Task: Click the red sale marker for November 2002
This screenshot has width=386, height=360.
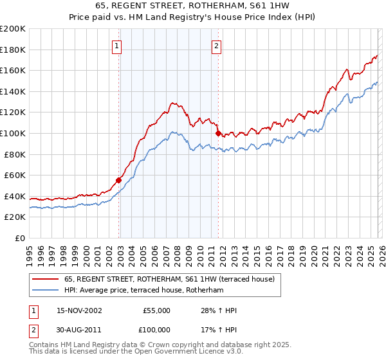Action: (x=119, y=180)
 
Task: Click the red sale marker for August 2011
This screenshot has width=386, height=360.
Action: (x=218, y=133)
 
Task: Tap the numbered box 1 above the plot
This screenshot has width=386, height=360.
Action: (x=116, y=46)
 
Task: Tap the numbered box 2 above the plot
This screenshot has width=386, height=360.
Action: (x=216, y=46)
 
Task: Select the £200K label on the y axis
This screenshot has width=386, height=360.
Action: (x=13, y=29)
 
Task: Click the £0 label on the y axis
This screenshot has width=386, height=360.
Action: (x=19, y=238)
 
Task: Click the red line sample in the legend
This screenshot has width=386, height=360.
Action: (x=45, y=280)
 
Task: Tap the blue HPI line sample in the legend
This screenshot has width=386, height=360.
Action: (x=45, y=291)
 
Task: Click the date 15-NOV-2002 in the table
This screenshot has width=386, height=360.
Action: (x=79, y=310)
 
